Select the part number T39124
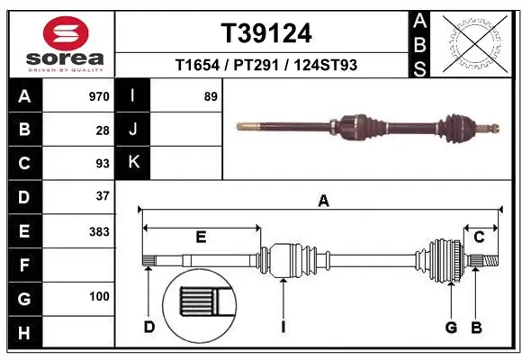point(266,33)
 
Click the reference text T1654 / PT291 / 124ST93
point(266,65)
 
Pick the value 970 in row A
point(98,96)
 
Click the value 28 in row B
point(102,130)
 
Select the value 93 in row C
point(102,164)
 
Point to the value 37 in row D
point(102,196)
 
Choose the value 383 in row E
point(98,231)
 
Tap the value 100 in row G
point(98,296)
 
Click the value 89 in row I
point(211,96)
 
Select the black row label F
point(23,265)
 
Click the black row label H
point(23,332)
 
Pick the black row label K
point(133,162)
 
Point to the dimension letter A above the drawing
point(322,202)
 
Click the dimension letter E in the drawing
point(201,237)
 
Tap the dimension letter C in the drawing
point(479,237)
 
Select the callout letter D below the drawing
point(148,327)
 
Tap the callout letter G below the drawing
point(451,327)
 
